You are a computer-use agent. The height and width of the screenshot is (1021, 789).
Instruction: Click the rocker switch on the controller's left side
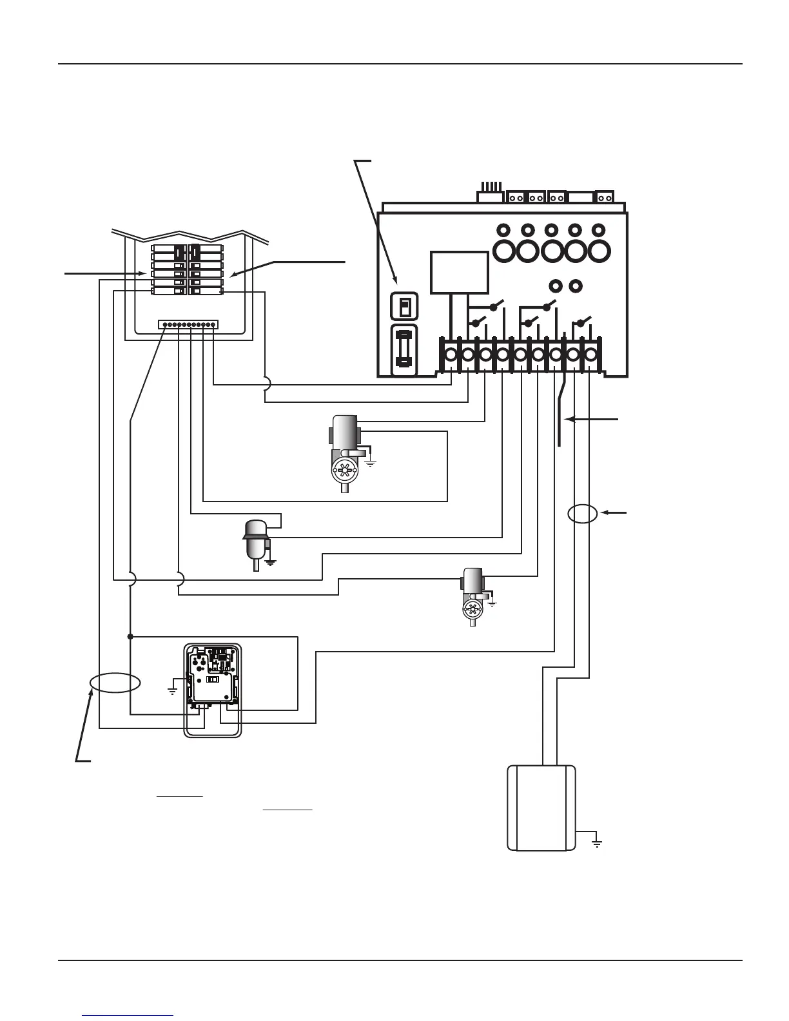tap(405, 306)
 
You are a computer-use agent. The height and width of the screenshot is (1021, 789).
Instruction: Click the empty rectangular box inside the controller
tap(459, 272)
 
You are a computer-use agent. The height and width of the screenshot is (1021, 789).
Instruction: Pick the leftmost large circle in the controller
tap(504, 250)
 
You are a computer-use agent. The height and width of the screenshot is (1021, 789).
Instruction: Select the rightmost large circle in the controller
tap(598, 250)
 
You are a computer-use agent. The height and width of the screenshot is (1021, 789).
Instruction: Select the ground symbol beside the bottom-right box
tap(597, 842)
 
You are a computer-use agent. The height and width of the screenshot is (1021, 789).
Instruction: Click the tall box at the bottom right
tap(541, 808)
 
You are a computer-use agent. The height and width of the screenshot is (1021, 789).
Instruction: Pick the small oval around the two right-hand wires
tap(583, 514)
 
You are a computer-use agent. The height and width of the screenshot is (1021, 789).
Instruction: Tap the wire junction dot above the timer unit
tap(130, 637)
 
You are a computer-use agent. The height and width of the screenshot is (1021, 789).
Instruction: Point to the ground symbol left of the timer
tap(173, 690)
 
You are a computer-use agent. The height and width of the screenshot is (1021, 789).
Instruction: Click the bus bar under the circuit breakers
tap(188, 324)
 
